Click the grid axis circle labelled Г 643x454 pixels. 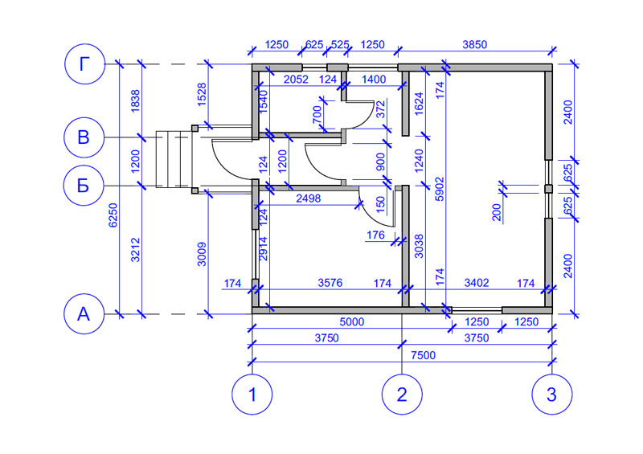pyautogui.click(x=84, y=63)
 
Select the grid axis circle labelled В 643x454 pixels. pyautogui.click(x=84, y=137)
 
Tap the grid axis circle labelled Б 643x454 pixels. pyautogui.click(x=84, y=186)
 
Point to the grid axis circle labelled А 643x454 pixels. pyautogui.click(x=84, y=314)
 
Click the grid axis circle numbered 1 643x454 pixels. pyautogui.click(x=252, y=395)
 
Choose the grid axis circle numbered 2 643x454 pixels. pyautogui.click(x=402, y=395)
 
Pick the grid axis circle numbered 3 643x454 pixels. pyautogui.click(x=551, y=395)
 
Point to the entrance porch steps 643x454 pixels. pyautogui.click(x=170, y=161)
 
